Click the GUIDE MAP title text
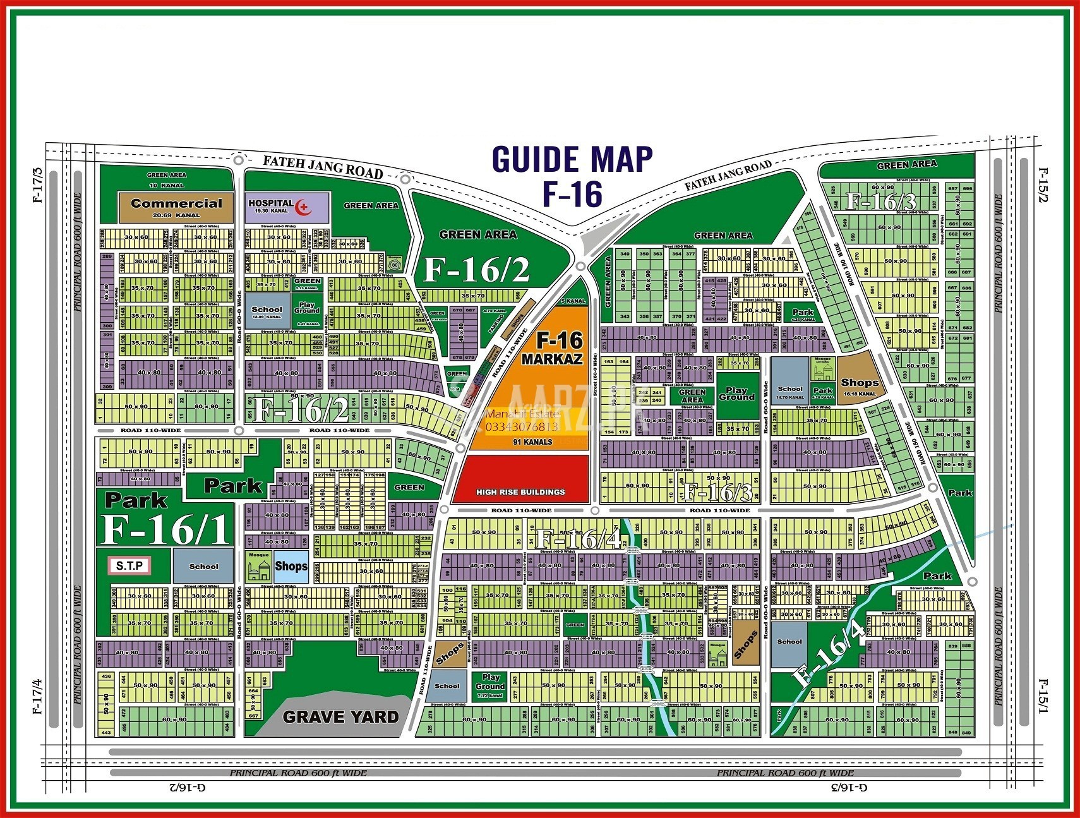pyautogui.click(x=572, y=159)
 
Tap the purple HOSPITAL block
pyautogui.click(x=287, y=207)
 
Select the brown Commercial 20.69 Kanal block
pyautogui.click(x=176, y=207)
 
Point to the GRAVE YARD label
pyautogui.click(x=340, y=717)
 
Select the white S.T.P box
pyautogui.click(x=129, y=565)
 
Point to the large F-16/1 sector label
pyautogui.click(x=166, y=529)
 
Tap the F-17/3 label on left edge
pyautogui.click(x=37, y=184)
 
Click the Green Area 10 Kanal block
pyautogui.click(x=166, y=179)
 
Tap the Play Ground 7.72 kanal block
pyautogui.click(x=490, y=685)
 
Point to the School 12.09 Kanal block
pyautogui.click(x=267, y=312)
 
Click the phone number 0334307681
pyautogui.click(x=522, y=427)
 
